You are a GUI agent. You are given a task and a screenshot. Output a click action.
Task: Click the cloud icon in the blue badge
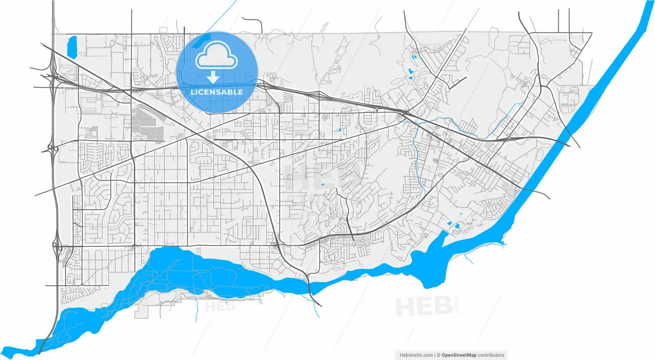216,56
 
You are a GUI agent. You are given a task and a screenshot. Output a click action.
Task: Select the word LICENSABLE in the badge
216,92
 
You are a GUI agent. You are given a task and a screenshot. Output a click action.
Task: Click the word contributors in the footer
491,355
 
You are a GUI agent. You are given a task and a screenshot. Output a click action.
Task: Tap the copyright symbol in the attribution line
438,355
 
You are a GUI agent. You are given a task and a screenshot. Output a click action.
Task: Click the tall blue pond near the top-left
71,46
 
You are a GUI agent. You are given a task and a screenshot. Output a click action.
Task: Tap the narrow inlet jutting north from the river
438,241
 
